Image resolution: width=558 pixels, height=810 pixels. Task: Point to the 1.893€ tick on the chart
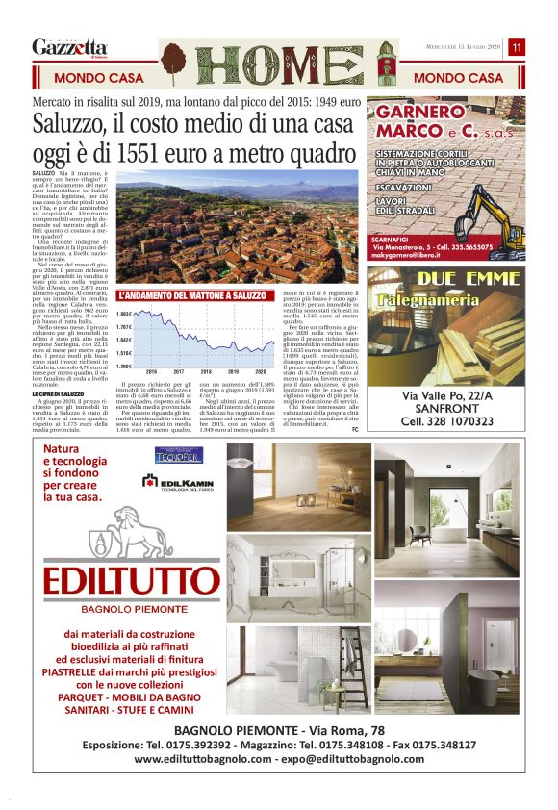124,315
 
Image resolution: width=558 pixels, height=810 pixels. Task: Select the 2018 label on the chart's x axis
205,370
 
